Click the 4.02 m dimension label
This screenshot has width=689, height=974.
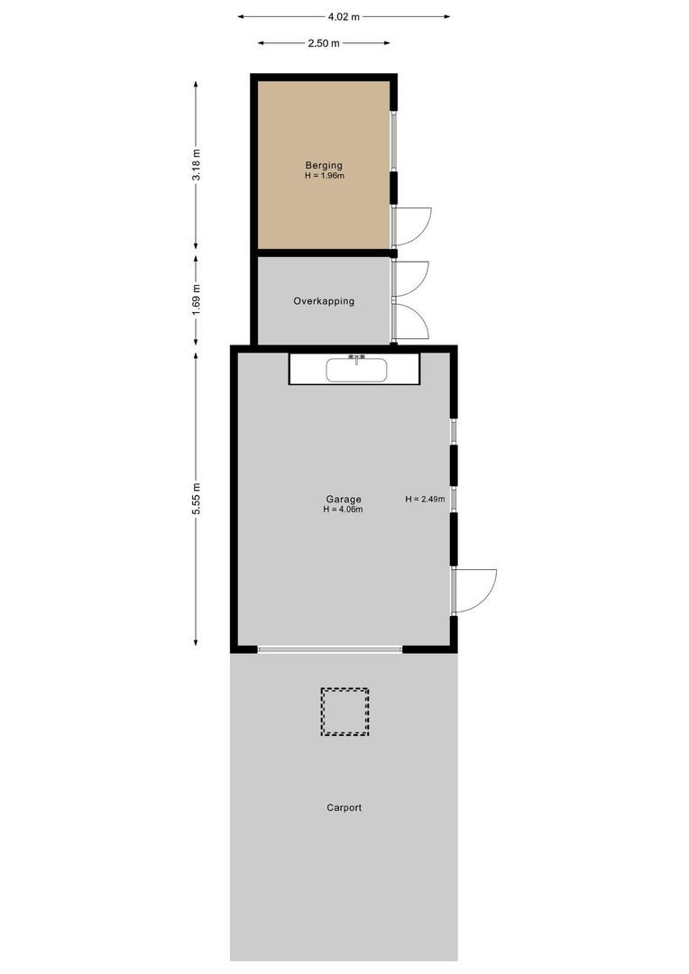pos(344,16)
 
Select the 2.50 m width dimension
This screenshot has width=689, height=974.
pos(323,43)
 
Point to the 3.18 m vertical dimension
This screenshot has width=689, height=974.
pos(197,164)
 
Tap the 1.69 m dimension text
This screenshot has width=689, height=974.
pos(197,299)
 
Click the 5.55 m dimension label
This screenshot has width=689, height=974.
pos(197,499)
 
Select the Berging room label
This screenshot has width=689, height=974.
pos(324,165)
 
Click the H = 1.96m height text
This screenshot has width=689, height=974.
pos(324,176)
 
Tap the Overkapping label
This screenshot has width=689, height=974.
pos(324,301)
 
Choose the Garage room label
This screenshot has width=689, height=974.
pos(344,499)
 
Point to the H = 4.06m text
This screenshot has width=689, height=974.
pos(344,510)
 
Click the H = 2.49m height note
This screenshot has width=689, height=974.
pos(425,499)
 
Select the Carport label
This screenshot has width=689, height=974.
pos(344,808)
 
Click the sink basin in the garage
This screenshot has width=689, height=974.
pos(356,370)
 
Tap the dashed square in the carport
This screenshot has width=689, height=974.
pos(344,712)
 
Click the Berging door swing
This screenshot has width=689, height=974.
pos(411,226)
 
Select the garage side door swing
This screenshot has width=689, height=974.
pos(474,591)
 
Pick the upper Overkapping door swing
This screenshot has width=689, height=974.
pos(410,279)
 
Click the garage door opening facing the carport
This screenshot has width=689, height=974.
pos(330,648)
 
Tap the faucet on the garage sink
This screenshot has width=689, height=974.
pos(356,358)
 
